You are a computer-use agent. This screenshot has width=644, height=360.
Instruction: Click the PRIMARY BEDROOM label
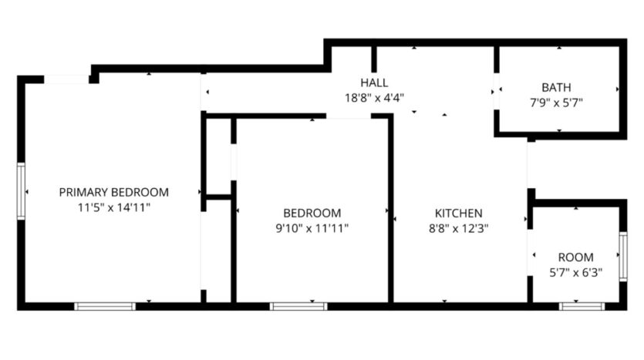(113, 192)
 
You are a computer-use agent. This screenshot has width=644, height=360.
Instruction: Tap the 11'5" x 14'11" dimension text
(113, 207)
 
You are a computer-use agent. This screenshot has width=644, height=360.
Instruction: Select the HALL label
(374, 82)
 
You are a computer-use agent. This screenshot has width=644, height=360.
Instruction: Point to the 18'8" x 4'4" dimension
(374, 97)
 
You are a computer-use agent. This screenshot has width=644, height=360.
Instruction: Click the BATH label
(556, 87)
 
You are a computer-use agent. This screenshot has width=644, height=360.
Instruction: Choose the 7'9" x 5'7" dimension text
(556, 102)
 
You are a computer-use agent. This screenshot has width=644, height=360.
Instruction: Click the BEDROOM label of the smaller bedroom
(312, 213)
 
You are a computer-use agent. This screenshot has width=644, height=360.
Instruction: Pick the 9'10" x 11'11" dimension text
(312, 227)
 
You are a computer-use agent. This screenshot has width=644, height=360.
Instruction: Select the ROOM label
(575, 257)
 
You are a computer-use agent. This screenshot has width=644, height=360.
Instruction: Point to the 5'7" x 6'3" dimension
(575, 271)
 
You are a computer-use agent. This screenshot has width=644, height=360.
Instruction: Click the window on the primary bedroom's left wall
(22, 191)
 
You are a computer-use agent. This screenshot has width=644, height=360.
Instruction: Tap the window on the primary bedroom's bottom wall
(105, 306)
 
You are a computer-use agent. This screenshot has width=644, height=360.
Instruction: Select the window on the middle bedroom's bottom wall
(298, 306)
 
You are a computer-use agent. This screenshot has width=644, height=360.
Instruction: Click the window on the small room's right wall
(622, 255)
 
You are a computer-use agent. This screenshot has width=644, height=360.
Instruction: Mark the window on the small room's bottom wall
(582, 306)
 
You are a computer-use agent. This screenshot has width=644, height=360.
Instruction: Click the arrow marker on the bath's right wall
(617, 89)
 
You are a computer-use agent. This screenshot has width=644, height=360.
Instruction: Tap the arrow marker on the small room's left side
(534, 255)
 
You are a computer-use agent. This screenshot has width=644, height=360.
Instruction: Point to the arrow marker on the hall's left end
(206, 93)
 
